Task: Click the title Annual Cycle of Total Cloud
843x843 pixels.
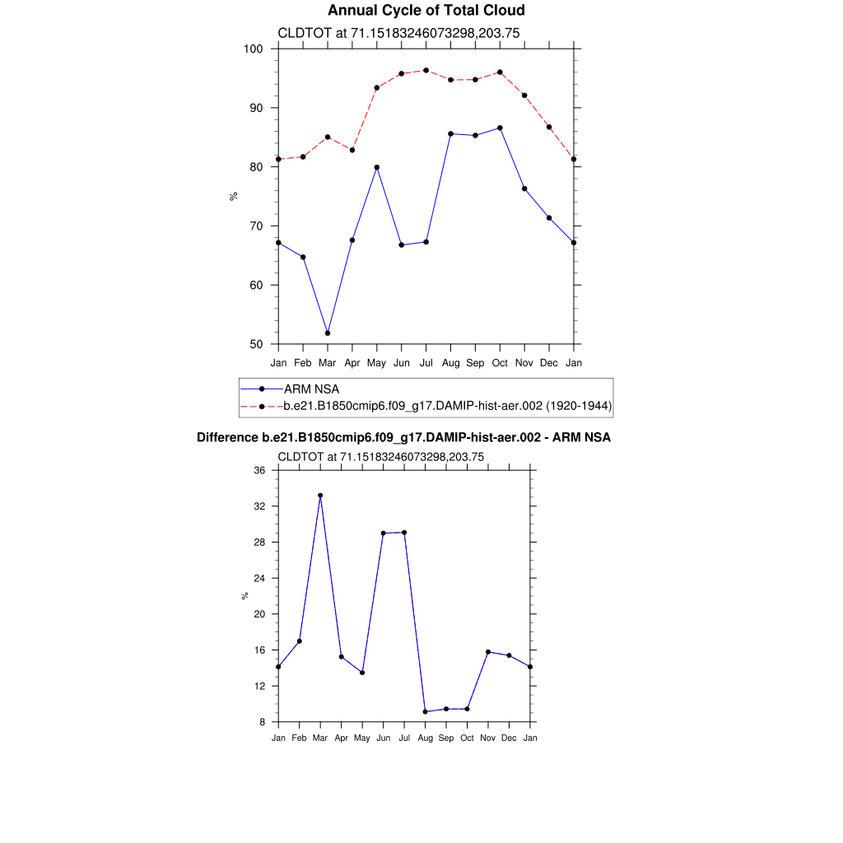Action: (426, 11)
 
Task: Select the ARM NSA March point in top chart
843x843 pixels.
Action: (328, 333)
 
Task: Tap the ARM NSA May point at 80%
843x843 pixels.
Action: (377, 167)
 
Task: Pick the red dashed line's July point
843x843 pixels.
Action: (426, 70)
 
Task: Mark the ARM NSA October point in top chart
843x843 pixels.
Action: (500, 128)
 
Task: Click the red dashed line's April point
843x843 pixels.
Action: (352, 150)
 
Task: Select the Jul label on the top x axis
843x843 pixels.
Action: (426, 362)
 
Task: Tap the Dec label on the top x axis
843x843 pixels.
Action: (549, 362)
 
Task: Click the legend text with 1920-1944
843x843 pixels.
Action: (447, 406)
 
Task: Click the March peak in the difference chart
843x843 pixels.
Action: (320, 496)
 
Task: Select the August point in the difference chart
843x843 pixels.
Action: (425, 711)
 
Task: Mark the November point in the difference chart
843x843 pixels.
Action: (488, 652)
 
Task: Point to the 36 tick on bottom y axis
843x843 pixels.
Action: (259, 470)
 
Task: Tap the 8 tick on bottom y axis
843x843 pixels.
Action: (263, 722)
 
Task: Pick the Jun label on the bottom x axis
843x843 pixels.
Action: (383, 738)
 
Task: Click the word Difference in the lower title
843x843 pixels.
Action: (227, 438)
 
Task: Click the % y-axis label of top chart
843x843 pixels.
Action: (234, 196)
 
